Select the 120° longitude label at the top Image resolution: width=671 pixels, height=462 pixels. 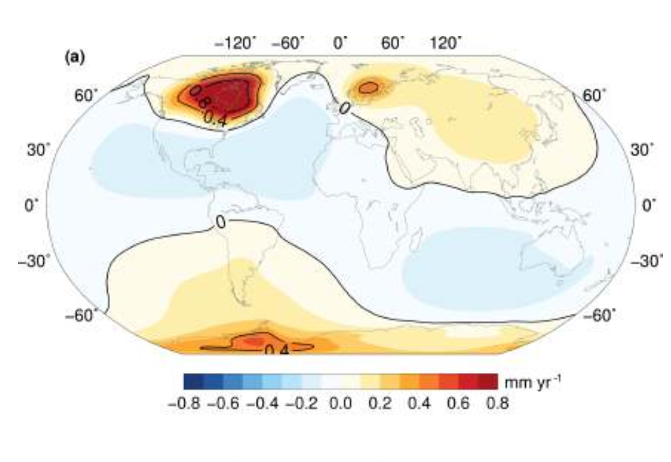pos(446,43)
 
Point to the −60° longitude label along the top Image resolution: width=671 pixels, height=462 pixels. pos(289,43)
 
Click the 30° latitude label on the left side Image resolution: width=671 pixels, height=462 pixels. pos(34,150)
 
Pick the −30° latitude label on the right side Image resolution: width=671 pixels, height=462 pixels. pos(646,259)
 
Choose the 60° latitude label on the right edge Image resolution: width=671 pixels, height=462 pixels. pos(594,96)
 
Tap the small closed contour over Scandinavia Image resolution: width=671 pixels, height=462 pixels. pos(369,88)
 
